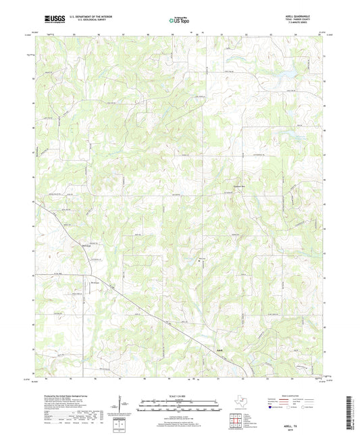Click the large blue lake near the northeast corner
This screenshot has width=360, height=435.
pyautogui.click(x=282, y=73)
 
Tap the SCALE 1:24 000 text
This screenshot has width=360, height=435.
pyautogui.click(x=180, y=396)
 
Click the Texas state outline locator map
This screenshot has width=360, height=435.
pyautogui.click(x=241, y=403)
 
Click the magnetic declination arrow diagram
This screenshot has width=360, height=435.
pyautogui.click(x=124, y=407)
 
